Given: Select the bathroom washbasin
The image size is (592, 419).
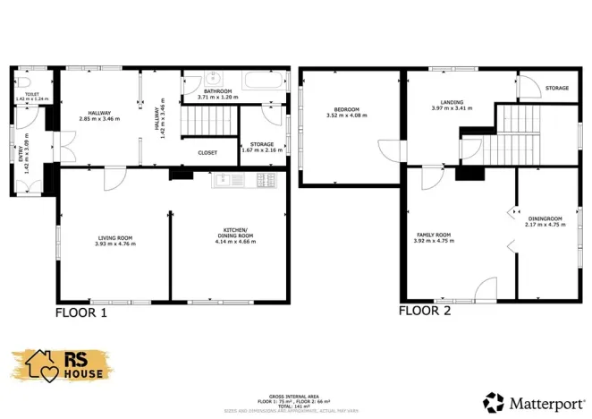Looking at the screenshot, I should (206, 78).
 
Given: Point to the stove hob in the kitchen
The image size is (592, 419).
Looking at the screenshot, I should (266, 180).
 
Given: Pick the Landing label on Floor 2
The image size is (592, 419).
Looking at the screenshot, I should (451, 102).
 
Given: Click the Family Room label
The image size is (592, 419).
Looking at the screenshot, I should (431, 235).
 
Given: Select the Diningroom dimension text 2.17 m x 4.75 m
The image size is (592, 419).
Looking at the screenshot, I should (545, 224).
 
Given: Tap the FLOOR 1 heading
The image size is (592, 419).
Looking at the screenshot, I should (81, 313).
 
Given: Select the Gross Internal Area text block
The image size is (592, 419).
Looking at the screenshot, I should (295, 400).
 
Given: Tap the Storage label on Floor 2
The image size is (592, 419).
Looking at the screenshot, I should (557, 88).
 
